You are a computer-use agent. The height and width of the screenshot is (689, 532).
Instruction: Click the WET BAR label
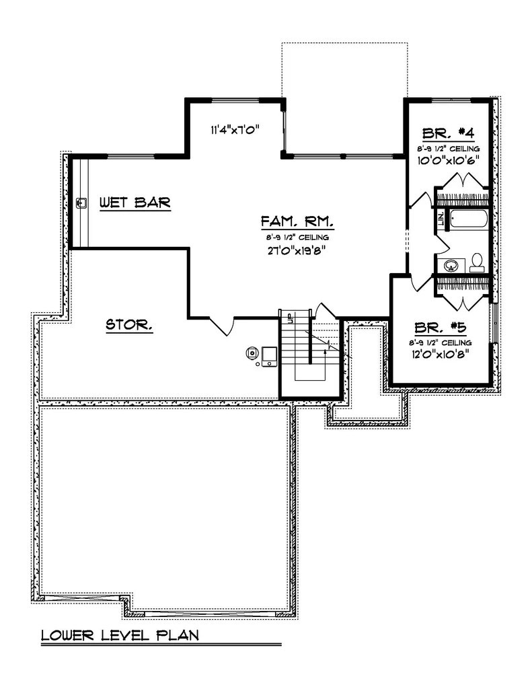click(x=135, y=202)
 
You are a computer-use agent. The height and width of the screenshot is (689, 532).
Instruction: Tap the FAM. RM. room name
click(x=297, y=222)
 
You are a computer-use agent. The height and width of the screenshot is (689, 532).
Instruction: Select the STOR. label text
click(x=129, y=326)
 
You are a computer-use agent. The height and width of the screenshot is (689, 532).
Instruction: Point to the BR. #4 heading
click(x=449, y=133)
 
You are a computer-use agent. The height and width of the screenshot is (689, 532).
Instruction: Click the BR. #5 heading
click(x=441, y=329)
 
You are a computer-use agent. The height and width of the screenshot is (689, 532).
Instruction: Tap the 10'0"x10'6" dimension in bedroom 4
click(x=449, y=161)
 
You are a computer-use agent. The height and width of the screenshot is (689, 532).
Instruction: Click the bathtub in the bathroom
click(x=469, y=219)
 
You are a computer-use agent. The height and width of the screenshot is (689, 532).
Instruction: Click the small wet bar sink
click(x=81, y=201)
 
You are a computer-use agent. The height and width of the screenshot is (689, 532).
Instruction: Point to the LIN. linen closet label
click(x=441, y=219)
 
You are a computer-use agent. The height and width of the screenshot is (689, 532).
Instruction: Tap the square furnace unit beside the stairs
click(x=269, y=355)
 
